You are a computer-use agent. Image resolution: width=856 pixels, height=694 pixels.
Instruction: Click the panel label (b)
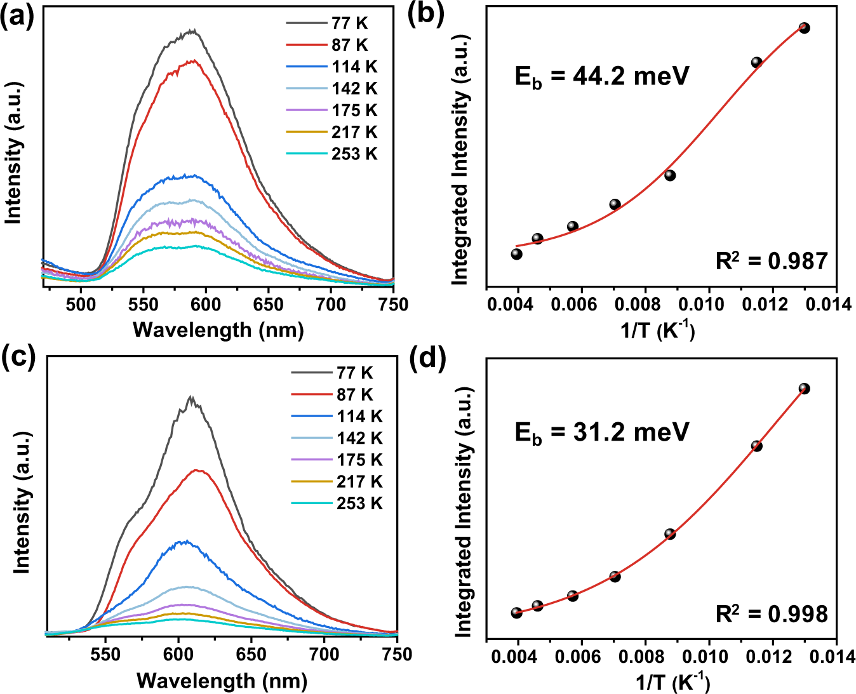coord(426,14)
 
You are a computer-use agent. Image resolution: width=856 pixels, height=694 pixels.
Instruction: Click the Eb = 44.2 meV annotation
coord(601,77)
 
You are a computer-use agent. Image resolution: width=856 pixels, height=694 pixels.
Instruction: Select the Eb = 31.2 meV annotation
coord(601,432)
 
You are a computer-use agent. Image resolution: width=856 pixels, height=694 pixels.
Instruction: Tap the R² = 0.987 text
coord(772,260)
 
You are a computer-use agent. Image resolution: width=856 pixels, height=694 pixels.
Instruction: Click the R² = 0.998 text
coord(772,613)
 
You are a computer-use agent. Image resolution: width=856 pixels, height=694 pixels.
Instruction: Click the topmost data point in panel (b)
coord(804,28)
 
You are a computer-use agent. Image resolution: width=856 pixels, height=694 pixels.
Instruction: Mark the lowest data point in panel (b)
coord(516,254)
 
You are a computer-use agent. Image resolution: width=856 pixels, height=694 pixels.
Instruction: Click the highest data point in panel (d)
coord(804,389)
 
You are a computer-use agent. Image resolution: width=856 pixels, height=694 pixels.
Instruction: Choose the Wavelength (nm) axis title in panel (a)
coord(218,330)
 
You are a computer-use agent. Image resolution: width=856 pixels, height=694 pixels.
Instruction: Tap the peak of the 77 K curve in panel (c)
coord(191,397)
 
